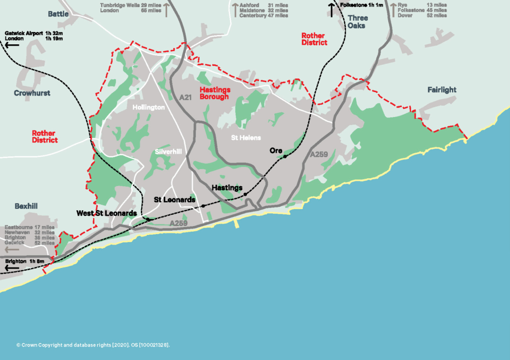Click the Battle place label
pos(58,14)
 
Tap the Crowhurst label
pos(32,93)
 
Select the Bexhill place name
pos(26,206)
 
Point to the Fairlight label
pos(442,90)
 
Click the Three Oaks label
pos(357,22)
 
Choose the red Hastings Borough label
pos(215,93)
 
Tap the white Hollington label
pos(148,108)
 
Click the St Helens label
pos(246,138)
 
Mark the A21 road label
pos(186,97)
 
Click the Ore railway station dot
pos(285,157)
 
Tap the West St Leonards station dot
pos(148,219)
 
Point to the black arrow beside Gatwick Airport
pos(11,45)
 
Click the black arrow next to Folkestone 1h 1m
pos(332,10)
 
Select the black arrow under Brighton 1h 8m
pos(12,268)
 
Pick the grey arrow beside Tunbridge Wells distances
pos(166,9)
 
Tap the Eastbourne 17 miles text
pos(29,227)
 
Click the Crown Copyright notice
pos(93,345)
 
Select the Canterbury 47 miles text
pos(263,16)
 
